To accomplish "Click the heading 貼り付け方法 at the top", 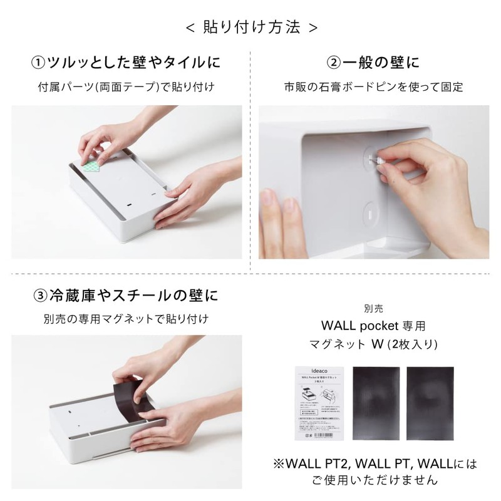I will [x=251, y=28].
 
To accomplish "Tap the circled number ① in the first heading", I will [x=38, y=63].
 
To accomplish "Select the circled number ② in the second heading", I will [x=335, y=63].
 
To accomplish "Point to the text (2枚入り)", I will [x=413, y=344].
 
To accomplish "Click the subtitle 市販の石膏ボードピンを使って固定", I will [x=374, y=87].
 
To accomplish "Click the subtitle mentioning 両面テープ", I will [x=126, y=87].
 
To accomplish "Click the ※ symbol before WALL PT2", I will [x=279, y=465].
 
